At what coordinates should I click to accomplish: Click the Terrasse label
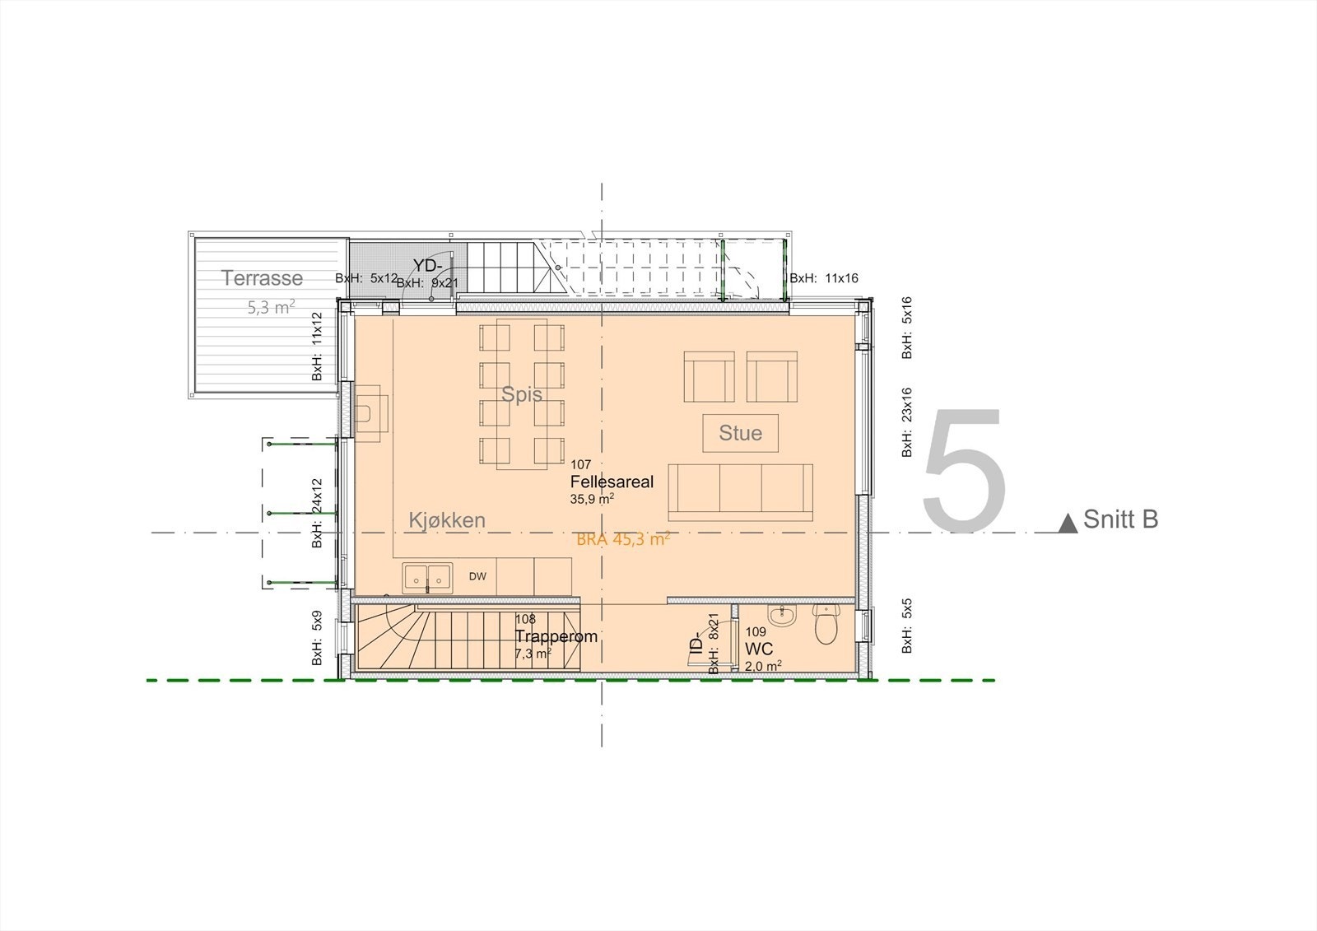(262, 278)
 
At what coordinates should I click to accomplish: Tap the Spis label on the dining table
(522, 394)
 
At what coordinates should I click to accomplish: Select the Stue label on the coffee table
(740, 433)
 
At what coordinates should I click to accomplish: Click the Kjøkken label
(447, 520)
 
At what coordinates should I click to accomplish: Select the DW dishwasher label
(477, 576)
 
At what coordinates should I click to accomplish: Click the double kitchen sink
(427, 578)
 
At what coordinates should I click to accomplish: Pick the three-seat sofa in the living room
(740, 491)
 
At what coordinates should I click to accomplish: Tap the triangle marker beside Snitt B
(1068, 523)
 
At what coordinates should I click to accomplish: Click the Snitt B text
(1120, 520)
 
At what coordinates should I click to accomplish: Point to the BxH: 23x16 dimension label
(906, 422)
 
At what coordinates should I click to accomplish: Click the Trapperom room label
(556, 636)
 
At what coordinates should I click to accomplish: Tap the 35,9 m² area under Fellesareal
(592, 499)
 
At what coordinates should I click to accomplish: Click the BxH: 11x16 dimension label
(824, 278)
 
